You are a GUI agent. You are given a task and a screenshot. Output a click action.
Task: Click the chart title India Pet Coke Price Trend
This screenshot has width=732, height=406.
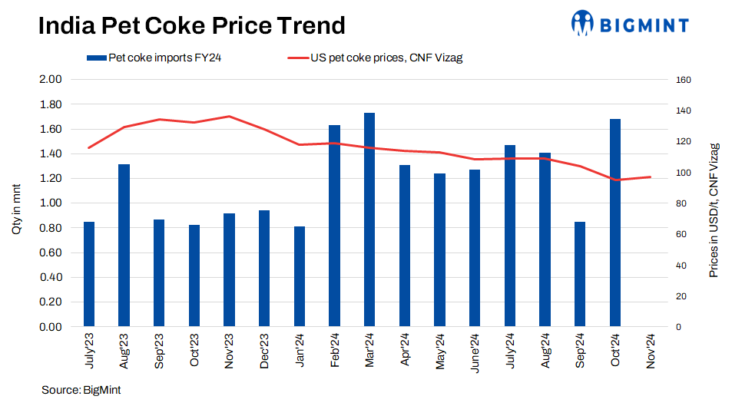click(x=191, y=26)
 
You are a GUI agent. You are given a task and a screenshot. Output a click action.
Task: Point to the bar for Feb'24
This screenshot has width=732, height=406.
click(x=334, y=226)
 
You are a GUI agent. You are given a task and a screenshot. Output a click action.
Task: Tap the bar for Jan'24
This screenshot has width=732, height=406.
click(x=300, y=276)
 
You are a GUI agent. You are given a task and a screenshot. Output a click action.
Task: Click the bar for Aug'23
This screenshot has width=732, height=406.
click(x=124, y=246)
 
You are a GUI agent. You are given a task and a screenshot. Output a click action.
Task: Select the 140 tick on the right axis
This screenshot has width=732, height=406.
click(x=684, y=111)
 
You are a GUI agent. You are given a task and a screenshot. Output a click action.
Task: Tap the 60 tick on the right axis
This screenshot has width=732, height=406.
click(x=681, y=234)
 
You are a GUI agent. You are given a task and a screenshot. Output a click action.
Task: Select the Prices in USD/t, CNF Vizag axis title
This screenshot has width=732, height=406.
click(x=714, y=210)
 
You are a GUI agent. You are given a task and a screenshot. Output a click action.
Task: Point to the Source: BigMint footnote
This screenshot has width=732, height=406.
click(x=81, y=390)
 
